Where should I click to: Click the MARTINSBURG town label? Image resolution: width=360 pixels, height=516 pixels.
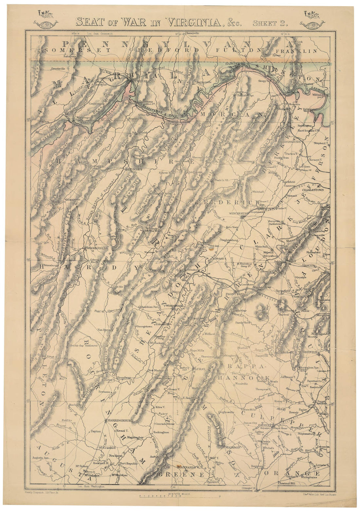tap(290, 142)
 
